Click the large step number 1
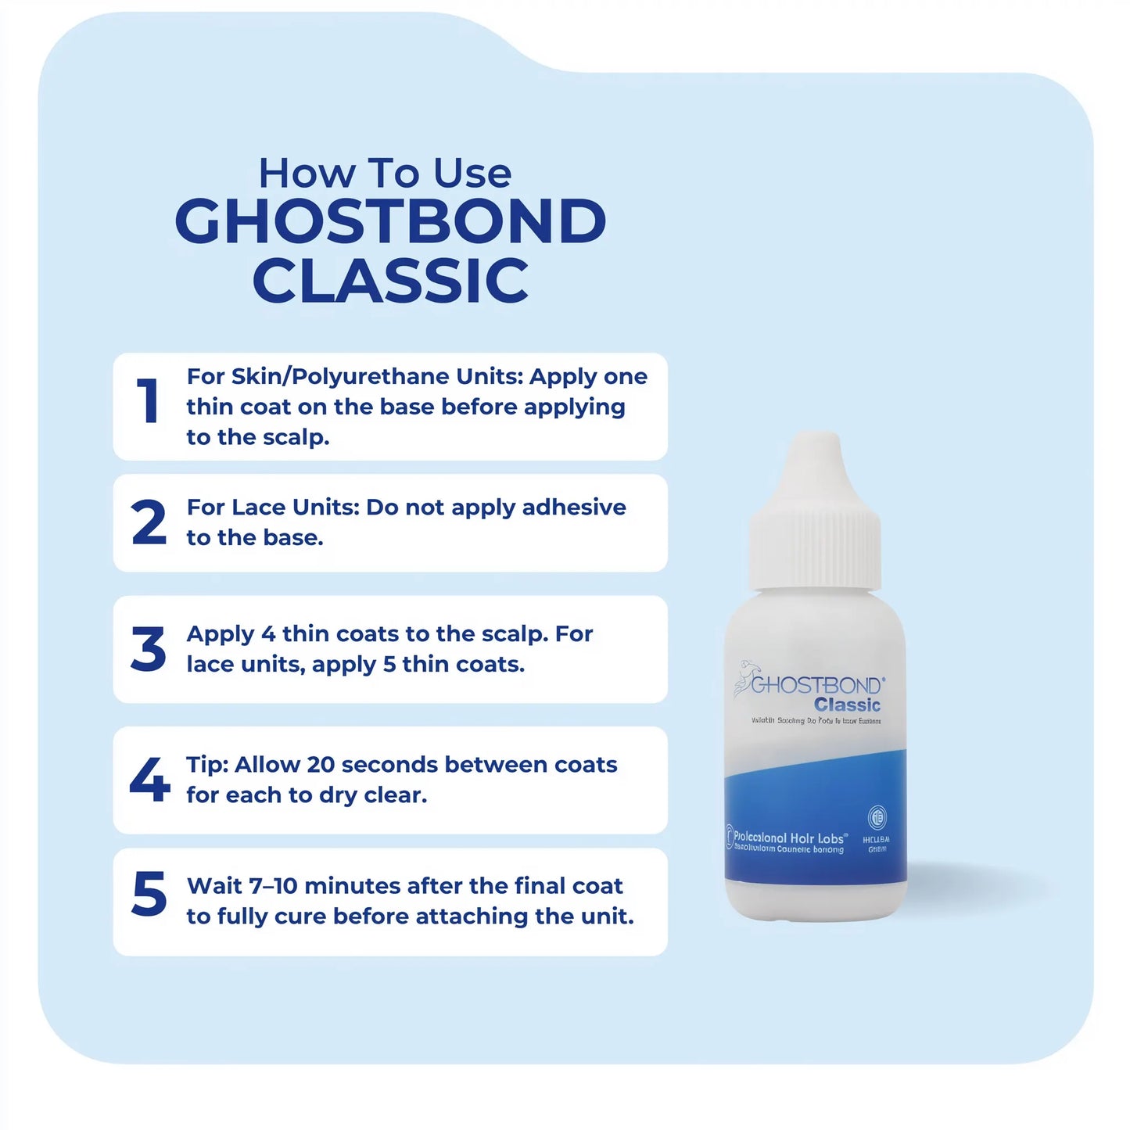(x=148, y=401)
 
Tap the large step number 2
(x=149, y=522)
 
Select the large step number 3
(x=149, y=649)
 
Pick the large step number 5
(x=149, y=893)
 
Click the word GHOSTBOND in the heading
(x=390, y=221)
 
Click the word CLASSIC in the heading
(x=390, y=282)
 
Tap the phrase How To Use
(x=385, y=173)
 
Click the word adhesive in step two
(x=573, y=508)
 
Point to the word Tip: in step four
(x=206, y=765)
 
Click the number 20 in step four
(x=321, y=765)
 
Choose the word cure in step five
(x=300, y=917)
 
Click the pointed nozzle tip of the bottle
(x=815, y=450)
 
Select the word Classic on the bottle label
(x=847, y=705)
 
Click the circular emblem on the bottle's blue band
(x=877, y=817)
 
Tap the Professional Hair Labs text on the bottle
(x=789, y=838)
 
